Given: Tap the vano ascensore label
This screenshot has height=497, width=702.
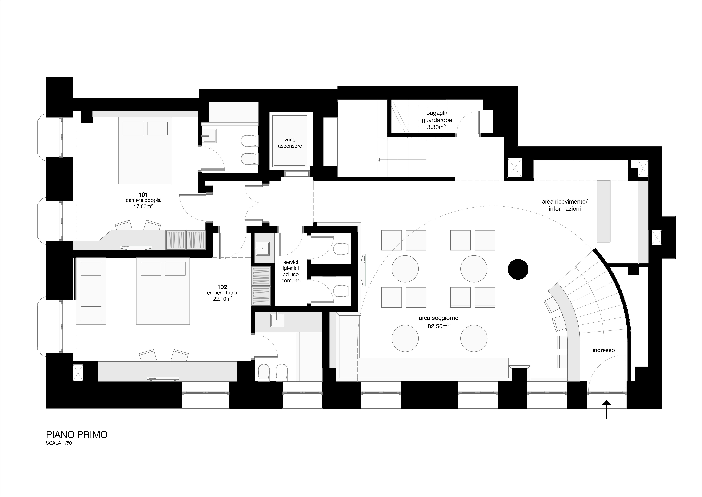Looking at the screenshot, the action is coord(290,143).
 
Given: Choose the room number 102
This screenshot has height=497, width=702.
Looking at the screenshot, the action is coord(222,287).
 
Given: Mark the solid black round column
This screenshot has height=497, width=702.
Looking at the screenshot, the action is coord(518,269).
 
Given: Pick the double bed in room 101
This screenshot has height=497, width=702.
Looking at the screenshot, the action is coord(145,151).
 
